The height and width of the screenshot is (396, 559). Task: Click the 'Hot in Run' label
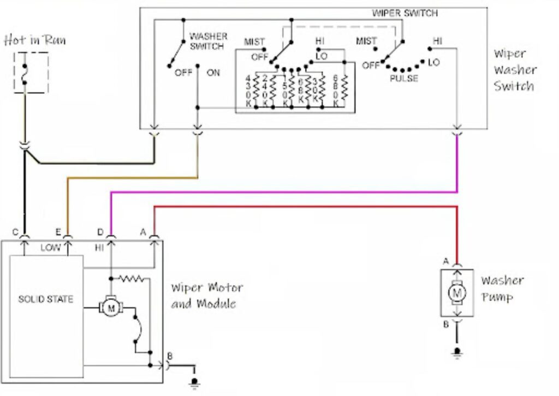(35, 40)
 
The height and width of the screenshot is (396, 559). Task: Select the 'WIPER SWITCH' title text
(405, 13)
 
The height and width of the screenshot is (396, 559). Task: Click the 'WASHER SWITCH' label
(207, 41)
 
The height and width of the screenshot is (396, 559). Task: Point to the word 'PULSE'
(404, 79)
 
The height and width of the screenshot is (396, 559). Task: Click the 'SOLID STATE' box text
(45, 299)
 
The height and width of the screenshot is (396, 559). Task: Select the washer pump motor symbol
(456, 293)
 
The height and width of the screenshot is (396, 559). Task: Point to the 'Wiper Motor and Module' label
(206, 296)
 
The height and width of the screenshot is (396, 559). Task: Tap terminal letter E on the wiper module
(58, 232)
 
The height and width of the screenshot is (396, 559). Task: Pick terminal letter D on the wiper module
(100, 232)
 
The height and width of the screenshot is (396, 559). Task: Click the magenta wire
(284, 191)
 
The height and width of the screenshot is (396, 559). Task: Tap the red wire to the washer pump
(306, 207)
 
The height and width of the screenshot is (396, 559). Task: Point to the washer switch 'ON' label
(213, 73)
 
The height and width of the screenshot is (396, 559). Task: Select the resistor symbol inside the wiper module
(133, 279)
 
